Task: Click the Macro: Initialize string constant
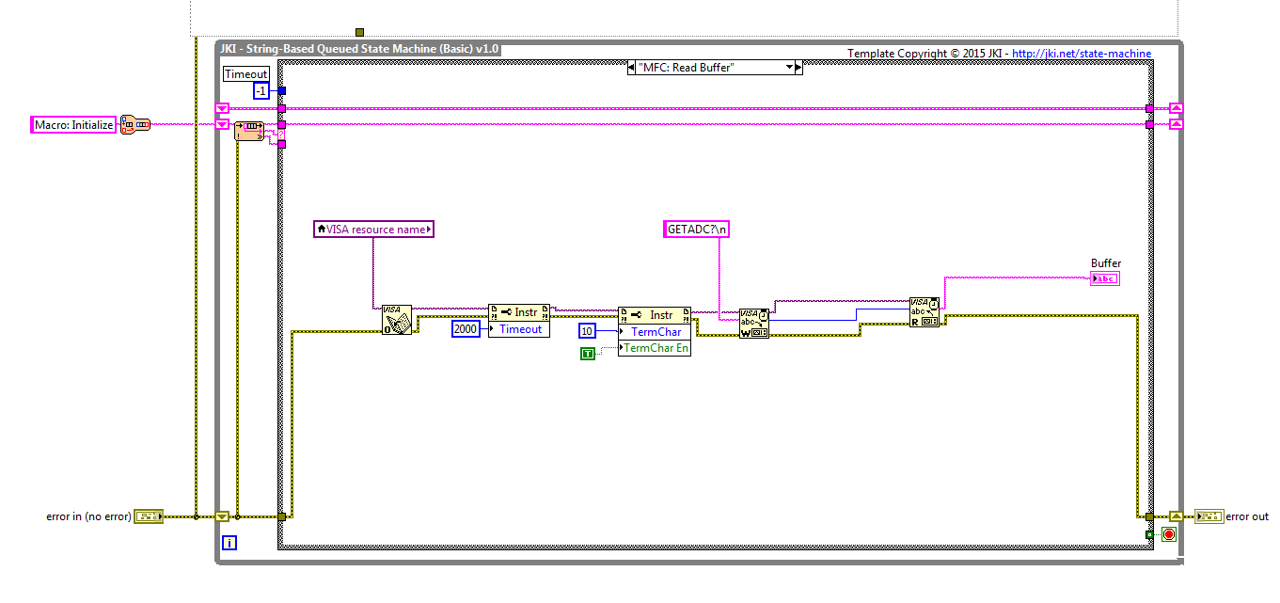pyautogui.click(x=73, y=124)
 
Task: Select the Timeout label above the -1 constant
pyautogui.click(x=245, y=73)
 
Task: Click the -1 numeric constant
pyautogui.click(x=261, y=91)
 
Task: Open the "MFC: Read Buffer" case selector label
pyautogui.click(x=715, y=68)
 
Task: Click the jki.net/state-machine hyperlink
pyautogui.click(x=1082, y=54)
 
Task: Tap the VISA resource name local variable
pyautogui.click(x=373, y=230)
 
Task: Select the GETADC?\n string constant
pyautogui.click(x=696, y=230)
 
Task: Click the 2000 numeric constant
pyautogui.click(x=466, y=328)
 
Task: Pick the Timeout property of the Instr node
pyautogui.click(x=519, y=329)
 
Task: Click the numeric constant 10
pyautogui.click(x=587, y=331)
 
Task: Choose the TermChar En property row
pyautogui.click(x=655, y=348)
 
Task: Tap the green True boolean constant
pyautogui.click(x=588, y=354)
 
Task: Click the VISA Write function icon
pyautogui.click(x=753, y=324)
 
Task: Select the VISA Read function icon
pyautogui.click(x=924, y=312)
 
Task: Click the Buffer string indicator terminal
pyautogui.click(x=1104, y=279)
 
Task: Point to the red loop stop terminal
pyautogui.click(x=1169, y=534)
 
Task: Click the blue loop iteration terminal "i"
pyautogui.click(x=229, y=543)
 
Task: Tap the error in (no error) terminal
pyautogui.click(x=149, y=516)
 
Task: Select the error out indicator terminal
pyautogui.click(x=1209, y=516)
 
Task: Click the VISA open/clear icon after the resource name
pyautogui.click(x=397, y=320)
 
